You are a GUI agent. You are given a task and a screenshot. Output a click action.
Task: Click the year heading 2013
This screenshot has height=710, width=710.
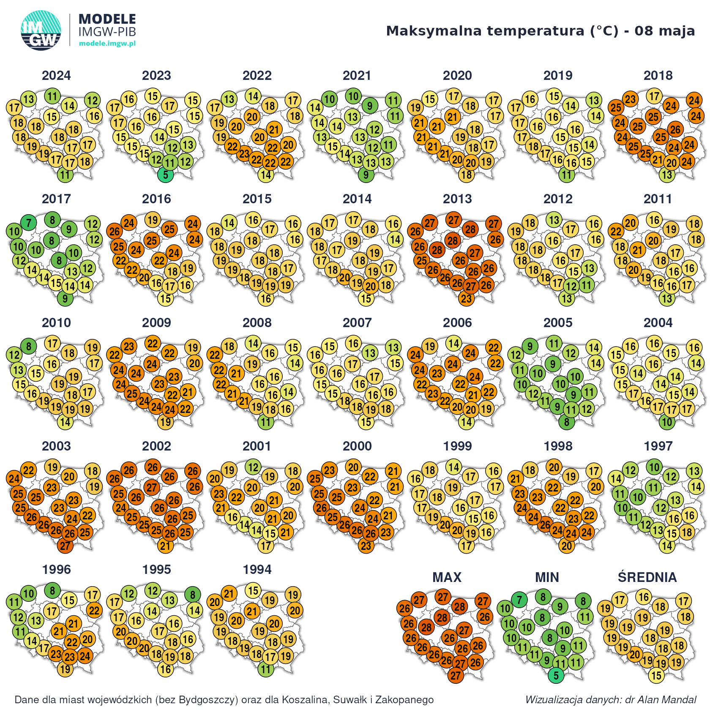[457, 199]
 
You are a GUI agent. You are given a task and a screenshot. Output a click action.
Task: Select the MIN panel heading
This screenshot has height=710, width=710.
[547, 577]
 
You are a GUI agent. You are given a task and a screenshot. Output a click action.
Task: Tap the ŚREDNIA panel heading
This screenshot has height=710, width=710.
[647, 577]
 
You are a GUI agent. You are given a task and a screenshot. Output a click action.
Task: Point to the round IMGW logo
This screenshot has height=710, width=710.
[41, 30]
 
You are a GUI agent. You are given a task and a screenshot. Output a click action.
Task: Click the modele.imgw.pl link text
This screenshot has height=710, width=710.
[107, 44]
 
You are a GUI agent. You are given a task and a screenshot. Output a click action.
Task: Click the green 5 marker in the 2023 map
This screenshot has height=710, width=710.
[166, 175]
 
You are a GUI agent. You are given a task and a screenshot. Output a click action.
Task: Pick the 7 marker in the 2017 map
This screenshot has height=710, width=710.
[29, 222]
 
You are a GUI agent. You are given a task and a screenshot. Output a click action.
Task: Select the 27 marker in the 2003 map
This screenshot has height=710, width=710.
[65, 546]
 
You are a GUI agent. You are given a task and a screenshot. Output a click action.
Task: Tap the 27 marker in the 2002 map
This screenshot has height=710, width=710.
[152, 487]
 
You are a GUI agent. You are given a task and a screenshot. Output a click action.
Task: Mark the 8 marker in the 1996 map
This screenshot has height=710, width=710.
[52, 590]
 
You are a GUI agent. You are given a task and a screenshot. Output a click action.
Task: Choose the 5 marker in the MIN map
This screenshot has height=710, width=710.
[556, 675]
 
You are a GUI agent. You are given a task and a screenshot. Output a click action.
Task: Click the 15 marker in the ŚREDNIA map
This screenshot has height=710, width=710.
[656, 675]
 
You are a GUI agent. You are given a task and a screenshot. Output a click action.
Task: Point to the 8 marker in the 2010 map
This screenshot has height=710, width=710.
[29, 346]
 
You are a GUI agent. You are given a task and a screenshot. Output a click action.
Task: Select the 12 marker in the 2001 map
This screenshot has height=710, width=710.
[253, 467]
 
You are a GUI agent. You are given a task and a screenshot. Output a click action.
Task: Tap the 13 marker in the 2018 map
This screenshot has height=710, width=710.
[667, 175]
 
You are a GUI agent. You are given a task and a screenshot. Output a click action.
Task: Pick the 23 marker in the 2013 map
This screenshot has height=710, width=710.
[466, 298]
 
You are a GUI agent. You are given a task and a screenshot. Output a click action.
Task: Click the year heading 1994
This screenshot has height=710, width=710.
[257, 569]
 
